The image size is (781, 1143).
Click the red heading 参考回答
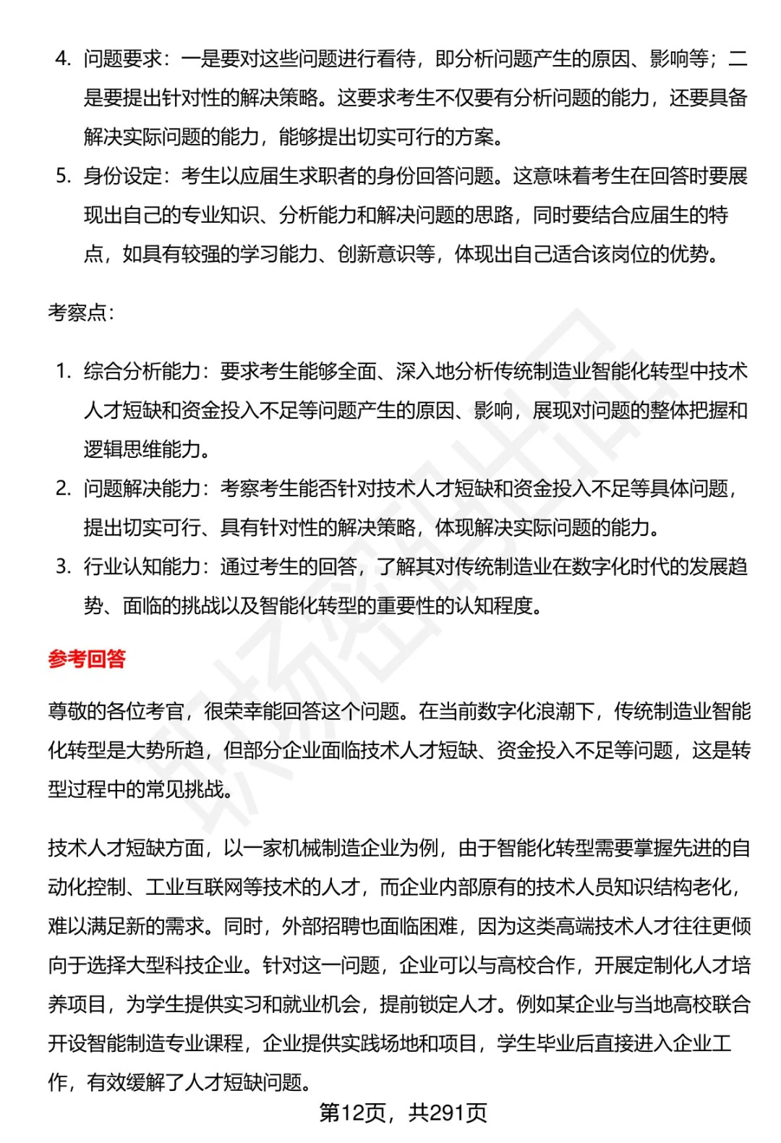click(x=87, y=659)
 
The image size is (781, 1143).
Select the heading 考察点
click(x=78, y=313)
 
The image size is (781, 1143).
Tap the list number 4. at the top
click(x=63, y=59)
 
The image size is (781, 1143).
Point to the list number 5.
click(x=63, y=176)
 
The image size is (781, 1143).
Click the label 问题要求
click(x=122, y=59)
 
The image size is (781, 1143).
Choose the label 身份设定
click(x=122, y=176)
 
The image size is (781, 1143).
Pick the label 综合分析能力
click(x=142, y=371)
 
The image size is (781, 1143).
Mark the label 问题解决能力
click(x=142, y=488)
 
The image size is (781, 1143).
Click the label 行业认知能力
click(x=142, y=566)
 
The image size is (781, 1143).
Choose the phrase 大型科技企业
click(x=184, y=965)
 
